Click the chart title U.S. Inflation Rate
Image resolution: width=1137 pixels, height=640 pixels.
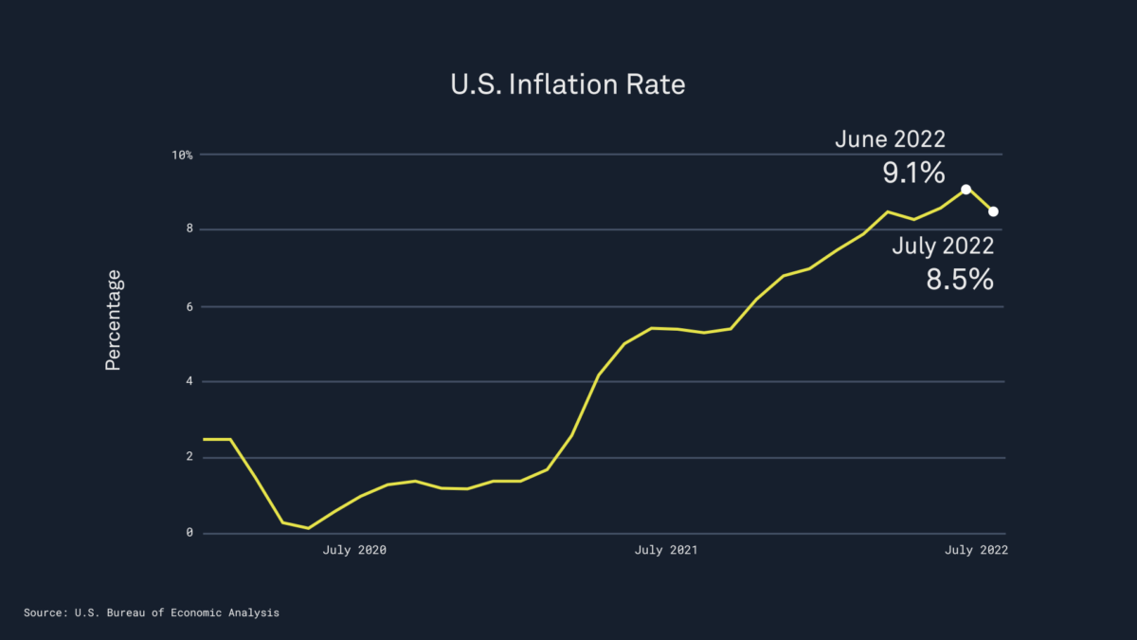point(568,84)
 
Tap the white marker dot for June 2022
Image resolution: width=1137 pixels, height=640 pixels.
point(966,190)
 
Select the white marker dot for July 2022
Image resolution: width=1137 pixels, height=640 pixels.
point(993,211)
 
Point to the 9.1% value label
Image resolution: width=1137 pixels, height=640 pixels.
point(913,173)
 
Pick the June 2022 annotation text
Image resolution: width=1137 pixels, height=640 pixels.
point(890,139)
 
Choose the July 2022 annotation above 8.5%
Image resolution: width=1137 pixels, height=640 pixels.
point(943,247)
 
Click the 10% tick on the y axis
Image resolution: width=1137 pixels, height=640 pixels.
point(183,155)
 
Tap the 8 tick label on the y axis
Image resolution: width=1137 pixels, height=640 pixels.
point(189,229)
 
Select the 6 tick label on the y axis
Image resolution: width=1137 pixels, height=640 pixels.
point(189,306)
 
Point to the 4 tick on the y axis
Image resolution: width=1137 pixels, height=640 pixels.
point(189,382)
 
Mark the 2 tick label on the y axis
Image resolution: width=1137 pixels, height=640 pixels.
point(189,457)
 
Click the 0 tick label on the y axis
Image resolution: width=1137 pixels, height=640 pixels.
point(189,533)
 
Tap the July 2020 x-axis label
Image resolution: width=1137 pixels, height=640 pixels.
point(355,550)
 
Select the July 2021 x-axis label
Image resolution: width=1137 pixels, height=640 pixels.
point(666,550)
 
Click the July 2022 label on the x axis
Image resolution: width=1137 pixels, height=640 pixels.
point(976,550)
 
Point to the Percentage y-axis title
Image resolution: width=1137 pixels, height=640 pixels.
point(114,320)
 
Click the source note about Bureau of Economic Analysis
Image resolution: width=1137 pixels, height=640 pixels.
point(152,613)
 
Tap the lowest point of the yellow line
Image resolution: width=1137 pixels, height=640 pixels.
point(309,528)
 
